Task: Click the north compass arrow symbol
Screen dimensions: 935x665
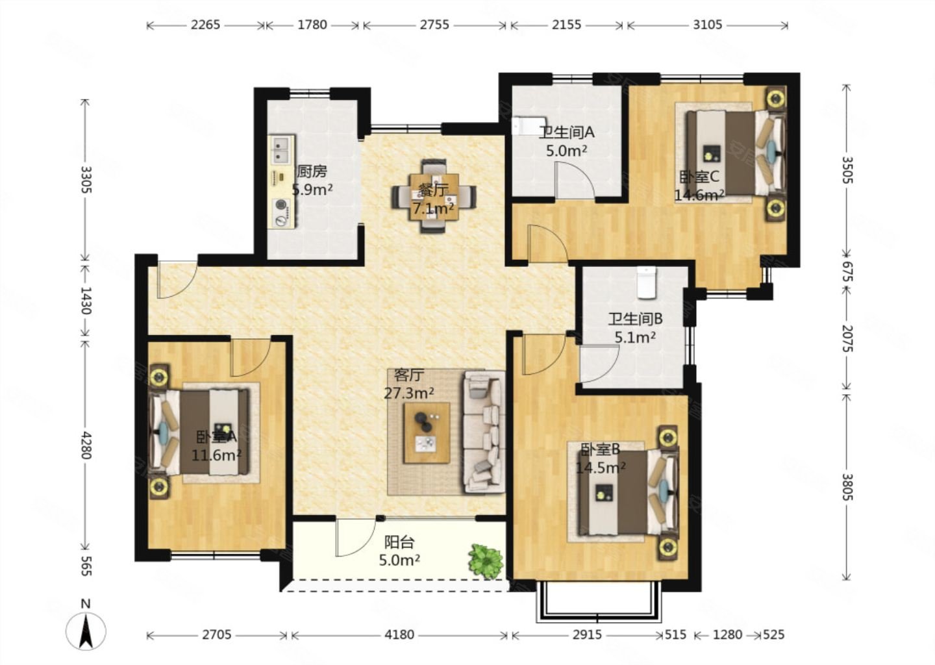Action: [86, 631]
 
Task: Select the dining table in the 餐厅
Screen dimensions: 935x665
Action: [434, 196]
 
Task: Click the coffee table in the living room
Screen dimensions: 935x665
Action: [427, 433]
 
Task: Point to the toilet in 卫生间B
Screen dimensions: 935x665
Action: [647, 282]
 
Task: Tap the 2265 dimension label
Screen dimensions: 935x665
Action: [205, 25]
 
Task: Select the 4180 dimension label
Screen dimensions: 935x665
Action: [399, 635]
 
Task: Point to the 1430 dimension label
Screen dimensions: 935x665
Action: [86, 300]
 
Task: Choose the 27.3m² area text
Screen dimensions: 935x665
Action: [408, 393]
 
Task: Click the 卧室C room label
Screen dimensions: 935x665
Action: [699, 177]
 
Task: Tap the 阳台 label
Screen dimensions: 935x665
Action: [399, 542]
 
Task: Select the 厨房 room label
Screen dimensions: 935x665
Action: [312, 171]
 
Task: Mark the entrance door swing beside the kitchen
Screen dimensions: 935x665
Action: [177, 280]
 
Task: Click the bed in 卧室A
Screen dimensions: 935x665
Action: [199, 432]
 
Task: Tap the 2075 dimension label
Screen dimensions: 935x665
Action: [847, 338]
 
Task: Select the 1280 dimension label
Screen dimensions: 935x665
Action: [727, 635]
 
